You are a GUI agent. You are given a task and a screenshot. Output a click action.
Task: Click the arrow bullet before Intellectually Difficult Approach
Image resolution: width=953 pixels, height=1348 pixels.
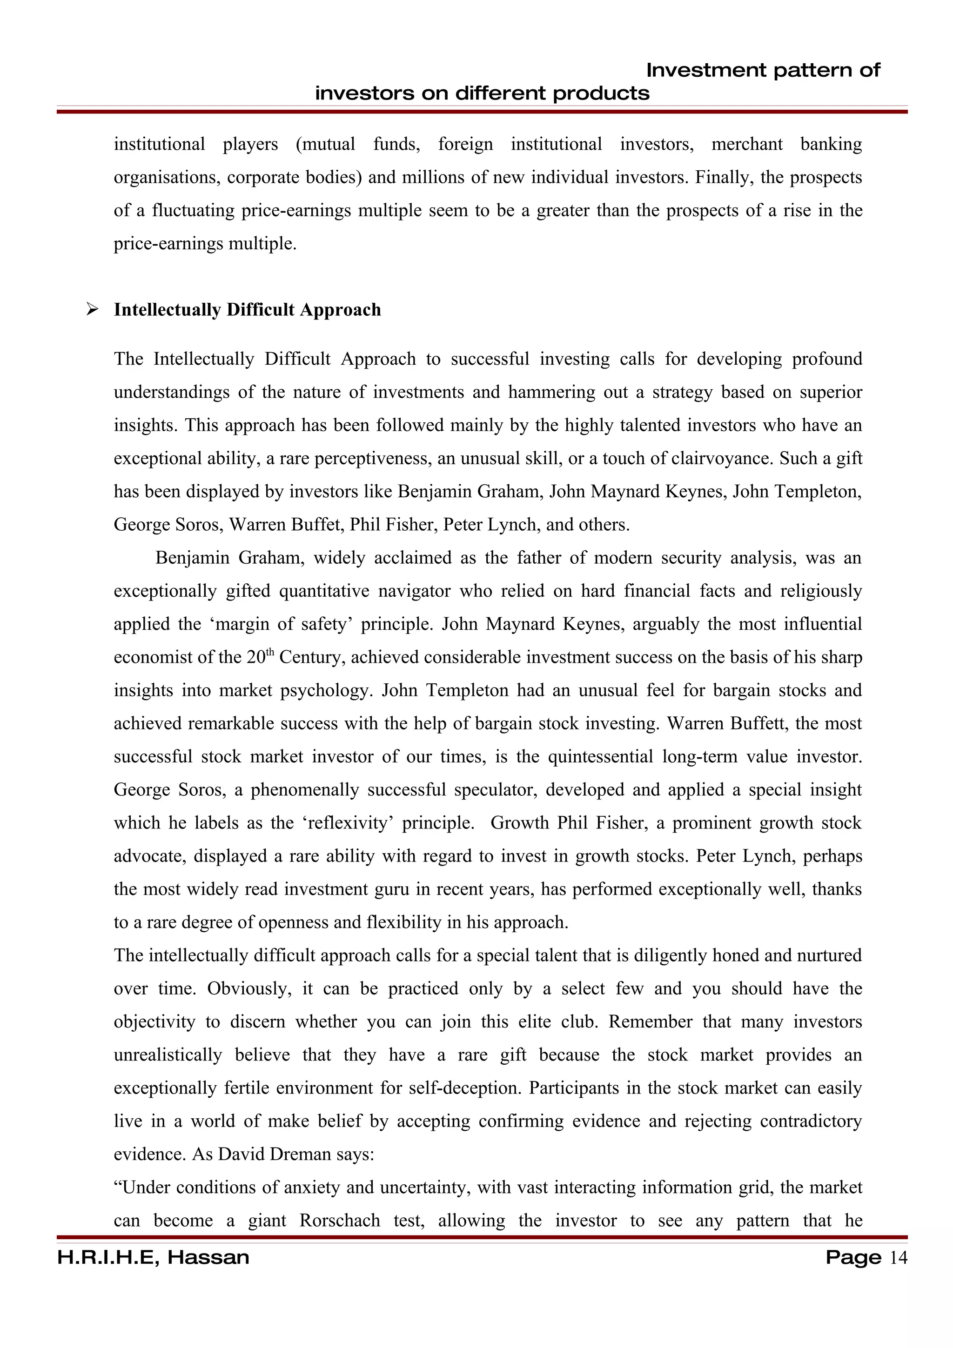[92, 309]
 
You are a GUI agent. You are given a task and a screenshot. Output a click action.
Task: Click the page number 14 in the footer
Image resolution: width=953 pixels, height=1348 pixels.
[899, 1257]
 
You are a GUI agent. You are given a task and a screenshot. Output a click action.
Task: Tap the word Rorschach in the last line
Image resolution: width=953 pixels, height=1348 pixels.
[339, 1220]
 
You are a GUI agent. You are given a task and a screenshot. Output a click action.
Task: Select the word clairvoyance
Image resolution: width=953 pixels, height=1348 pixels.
[722, 458]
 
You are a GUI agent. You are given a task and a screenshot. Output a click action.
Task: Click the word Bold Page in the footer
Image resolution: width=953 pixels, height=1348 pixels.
[853, 1257]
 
